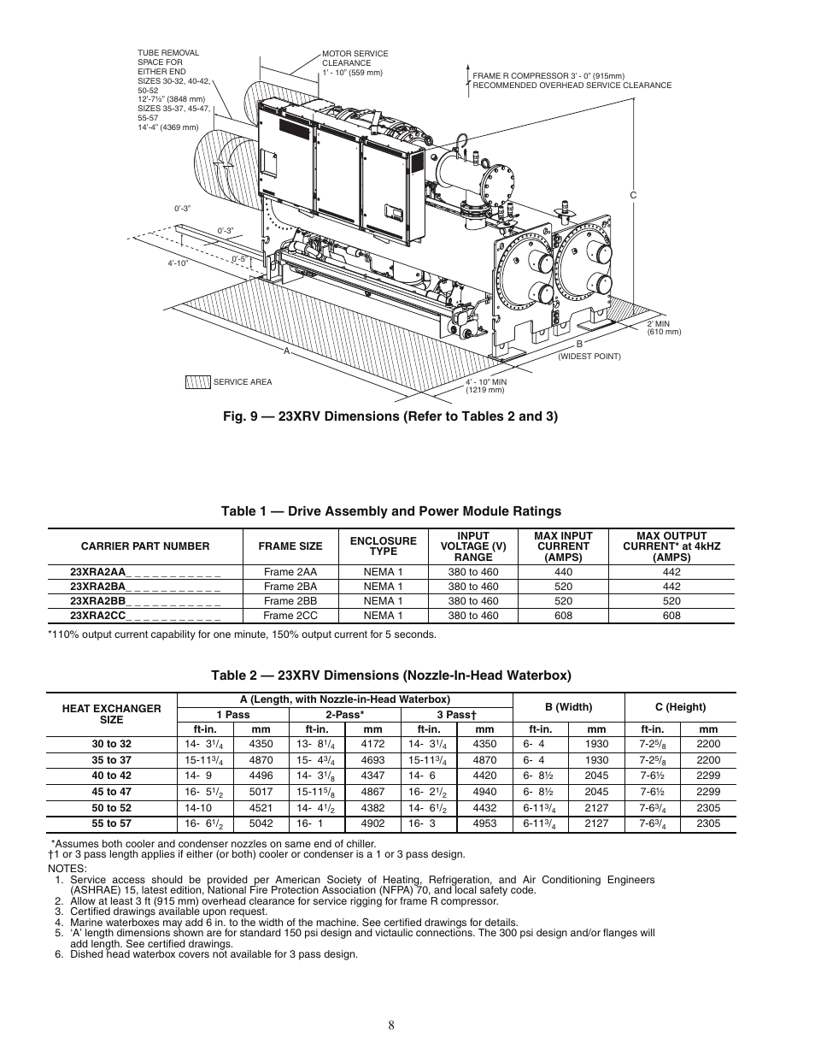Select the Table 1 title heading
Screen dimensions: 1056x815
[x=390, y=511]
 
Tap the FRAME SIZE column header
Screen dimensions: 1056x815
[x=290, y=546]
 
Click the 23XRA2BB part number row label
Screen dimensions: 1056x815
[x=145, y=601]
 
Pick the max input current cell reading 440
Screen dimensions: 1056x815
[x=563, y=572]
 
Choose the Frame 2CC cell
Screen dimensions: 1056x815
[x=290, y=616]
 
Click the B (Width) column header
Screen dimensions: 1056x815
[x=568, y=707]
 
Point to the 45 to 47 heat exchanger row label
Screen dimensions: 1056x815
[x=112, y=792]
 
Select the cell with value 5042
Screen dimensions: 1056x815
[x=261, y=823]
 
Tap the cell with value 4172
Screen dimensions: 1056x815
[x=372, y=744]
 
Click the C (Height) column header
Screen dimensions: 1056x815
[x=680, y=707]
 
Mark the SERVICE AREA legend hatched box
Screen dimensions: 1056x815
[x=197, y=381]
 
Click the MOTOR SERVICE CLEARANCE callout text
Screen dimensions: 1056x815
[x=355, y=62]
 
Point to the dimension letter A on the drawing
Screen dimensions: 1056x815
[x=287, y=351]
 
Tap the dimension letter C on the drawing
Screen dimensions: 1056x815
[x=634, y=196]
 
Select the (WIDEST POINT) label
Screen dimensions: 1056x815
[x=589, y=357]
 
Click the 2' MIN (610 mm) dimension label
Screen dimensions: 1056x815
[x=664, y=328]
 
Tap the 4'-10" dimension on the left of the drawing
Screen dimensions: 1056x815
[x=178, y=263]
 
